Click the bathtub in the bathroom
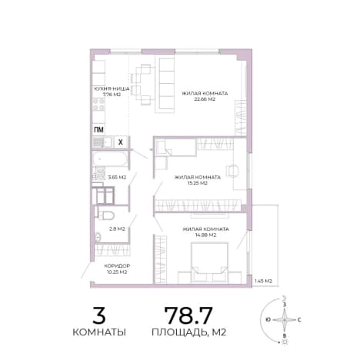[x=110, y=159]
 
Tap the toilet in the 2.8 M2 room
[x=106, y=215]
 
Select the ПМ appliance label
[x=98, y=130]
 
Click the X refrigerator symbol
[x=120, y=142]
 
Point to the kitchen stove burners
[x=98, y=105]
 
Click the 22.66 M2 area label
[x=205, y=99]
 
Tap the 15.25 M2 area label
[x=197, y=183]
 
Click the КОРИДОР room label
[x=117, y=265]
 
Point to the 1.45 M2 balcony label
[x=263, y=281]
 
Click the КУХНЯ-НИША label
[x=112, y=88]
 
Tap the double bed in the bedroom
[x=210, y=262]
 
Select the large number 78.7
[x=188, y=315]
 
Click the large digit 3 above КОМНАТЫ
[x=99, y=315]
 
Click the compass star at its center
[x=285, y=320]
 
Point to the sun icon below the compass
[x=284, y=342]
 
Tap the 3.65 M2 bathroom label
[x=117, y=177]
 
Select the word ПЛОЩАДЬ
[x=179, y=332]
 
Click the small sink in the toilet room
[x=98, y=237]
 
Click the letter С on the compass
[x=299, y=320]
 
